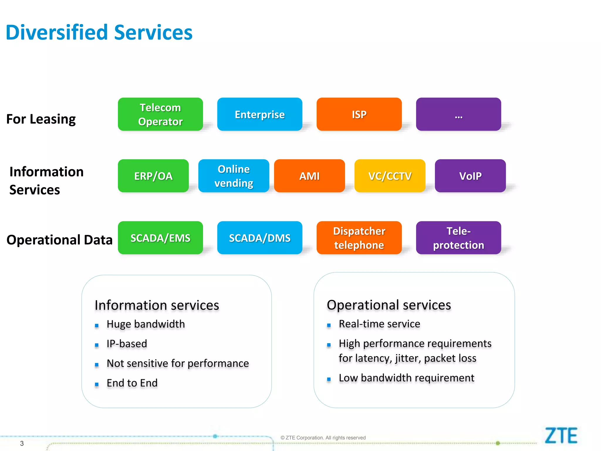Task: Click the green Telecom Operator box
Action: (160, 115)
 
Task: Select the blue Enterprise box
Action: (260, 115)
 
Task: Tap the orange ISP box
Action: (359, 115)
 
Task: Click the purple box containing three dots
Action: (458, 115)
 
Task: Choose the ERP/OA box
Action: (153, 176)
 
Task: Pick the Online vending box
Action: (234, 176)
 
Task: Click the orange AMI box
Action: (309, 176)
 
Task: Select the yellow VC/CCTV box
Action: (390, 176)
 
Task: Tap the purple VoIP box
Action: (470, 176)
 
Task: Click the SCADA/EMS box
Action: (160, 238)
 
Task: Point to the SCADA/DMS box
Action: (260, 238)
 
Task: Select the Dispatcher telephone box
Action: (359, 238)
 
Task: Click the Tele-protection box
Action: (458, 238)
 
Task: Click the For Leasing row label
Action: (41, 119)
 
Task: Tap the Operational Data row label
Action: (60, 240)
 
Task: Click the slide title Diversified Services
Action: (99, 32)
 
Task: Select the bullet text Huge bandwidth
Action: (146, 324)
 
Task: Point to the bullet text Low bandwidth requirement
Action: (406, 378)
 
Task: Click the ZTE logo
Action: (561, 436)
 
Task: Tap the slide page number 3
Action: (22, 443)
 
